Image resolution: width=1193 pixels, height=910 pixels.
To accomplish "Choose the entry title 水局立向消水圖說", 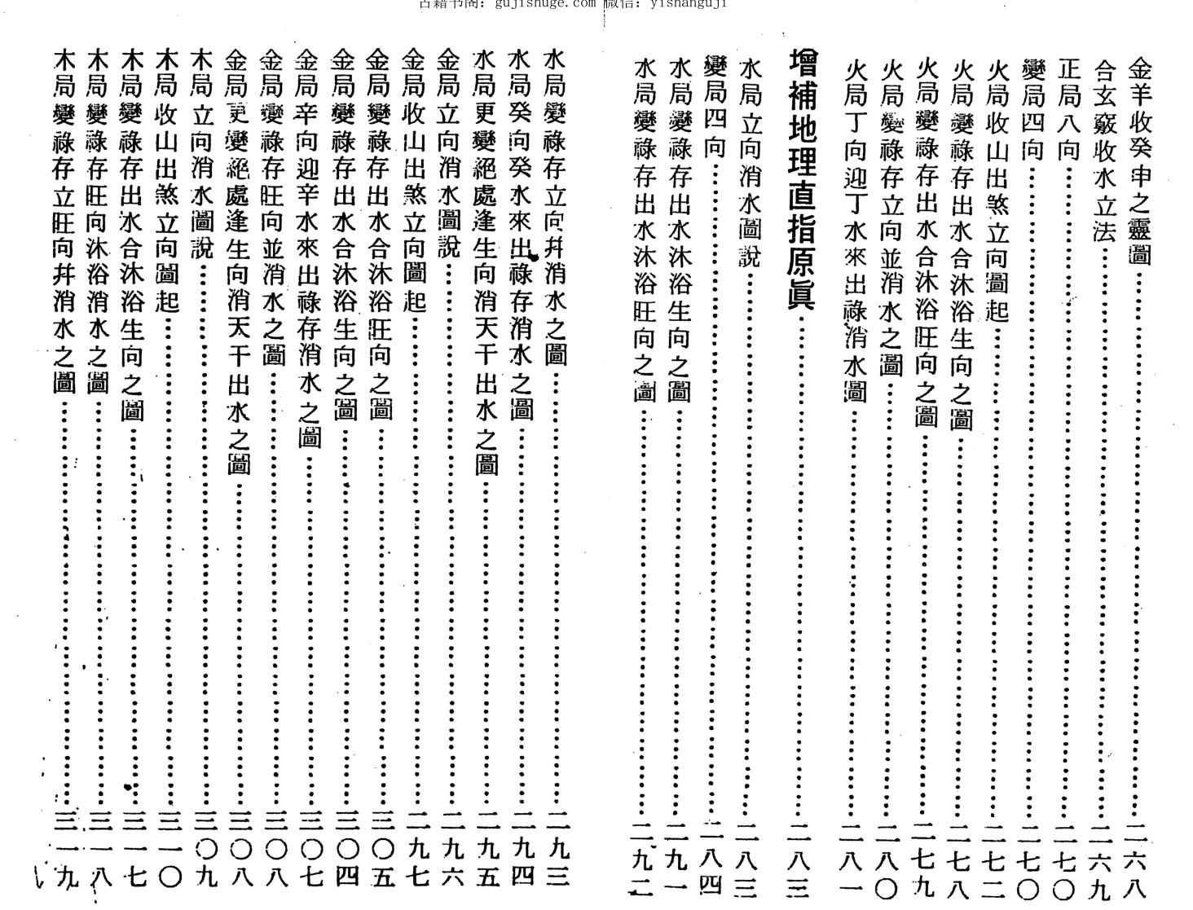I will click(748, 163).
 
